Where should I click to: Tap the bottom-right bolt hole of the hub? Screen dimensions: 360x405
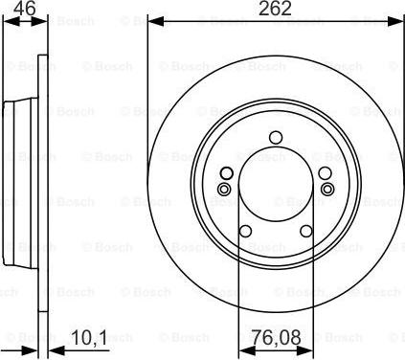click(305, 230)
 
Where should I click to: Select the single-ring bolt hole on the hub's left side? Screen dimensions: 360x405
click(226, 172)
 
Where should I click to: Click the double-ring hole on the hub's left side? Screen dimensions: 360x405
click(223, 189)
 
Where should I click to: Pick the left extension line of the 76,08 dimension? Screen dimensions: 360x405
click(238, 287)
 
